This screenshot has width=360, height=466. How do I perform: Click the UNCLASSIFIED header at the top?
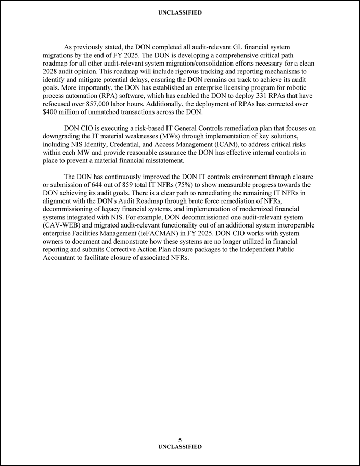coord(180,12)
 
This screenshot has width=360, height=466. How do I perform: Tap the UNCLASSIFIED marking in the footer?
coord(180,447)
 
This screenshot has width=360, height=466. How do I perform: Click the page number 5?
coord(180,440)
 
